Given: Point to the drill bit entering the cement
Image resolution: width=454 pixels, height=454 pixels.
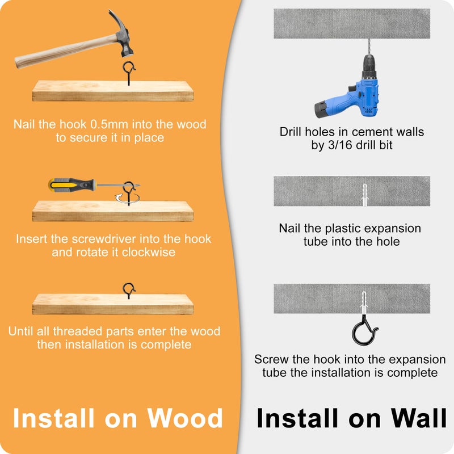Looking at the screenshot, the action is (x=369, y=47).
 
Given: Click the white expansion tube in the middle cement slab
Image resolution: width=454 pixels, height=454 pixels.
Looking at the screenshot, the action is (x=364, y=195).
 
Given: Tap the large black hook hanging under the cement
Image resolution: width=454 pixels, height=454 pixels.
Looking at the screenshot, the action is (x=364, y=330).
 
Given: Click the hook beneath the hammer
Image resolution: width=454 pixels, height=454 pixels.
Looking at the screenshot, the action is (x=129, y=73).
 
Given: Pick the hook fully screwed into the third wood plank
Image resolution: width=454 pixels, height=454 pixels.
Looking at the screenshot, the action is (x=129, y=290).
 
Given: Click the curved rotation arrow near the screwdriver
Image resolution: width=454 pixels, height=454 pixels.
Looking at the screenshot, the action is (x=127, y=199).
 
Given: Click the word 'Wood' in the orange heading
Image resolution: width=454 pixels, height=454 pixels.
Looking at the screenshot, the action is (x=185, y=418).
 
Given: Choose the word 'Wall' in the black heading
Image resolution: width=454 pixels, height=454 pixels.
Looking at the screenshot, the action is (x=419, y=418).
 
